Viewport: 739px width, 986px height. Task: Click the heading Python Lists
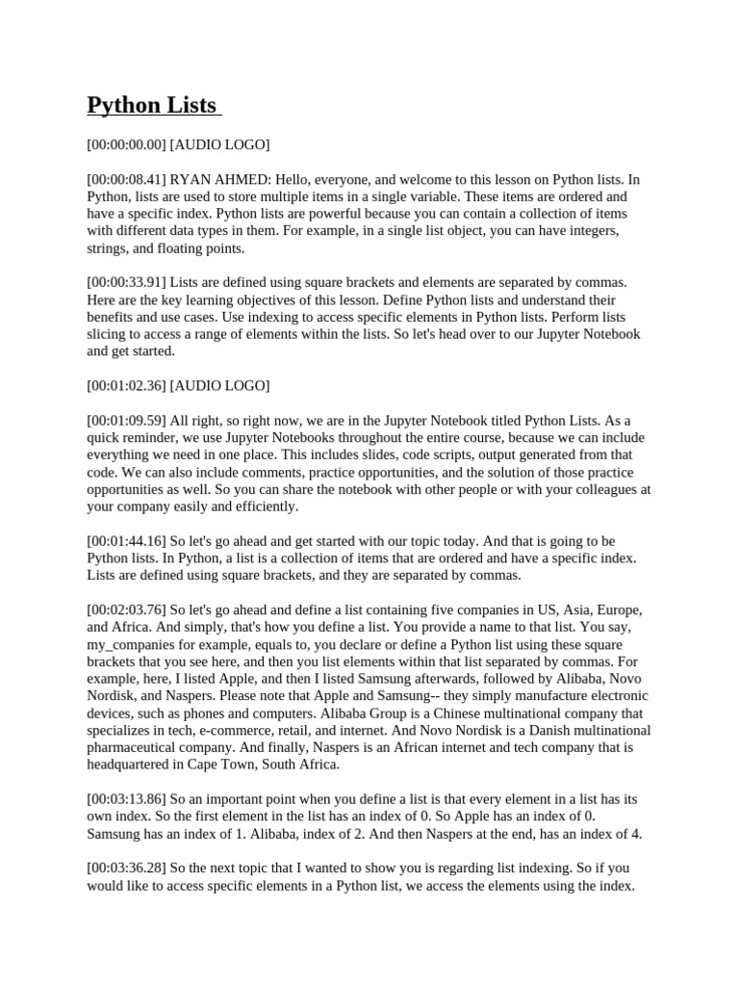(152, 104)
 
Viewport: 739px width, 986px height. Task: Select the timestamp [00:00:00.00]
(126, 144)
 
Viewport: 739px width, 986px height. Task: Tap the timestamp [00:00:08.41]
(126, 179)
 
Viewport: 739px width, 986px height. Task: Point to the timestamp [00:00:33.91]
(126, 282)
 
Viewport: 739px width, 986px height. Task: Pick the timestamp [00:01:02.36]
(126, 385)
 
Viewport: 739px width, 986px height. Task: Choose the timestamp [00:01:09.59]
(126, 420)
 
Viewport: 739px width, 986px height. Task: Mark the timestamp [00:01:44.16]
(126, 540)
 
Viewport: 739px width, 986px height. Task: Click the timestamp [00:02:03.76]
(126, 610)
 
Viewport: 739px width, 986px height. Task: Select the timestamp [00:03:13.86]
(126, 799)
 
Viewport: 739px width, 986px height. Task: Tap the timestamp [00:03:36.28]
(126, 868)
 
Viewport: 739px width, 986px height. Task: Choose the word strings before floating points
(109, 247)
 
